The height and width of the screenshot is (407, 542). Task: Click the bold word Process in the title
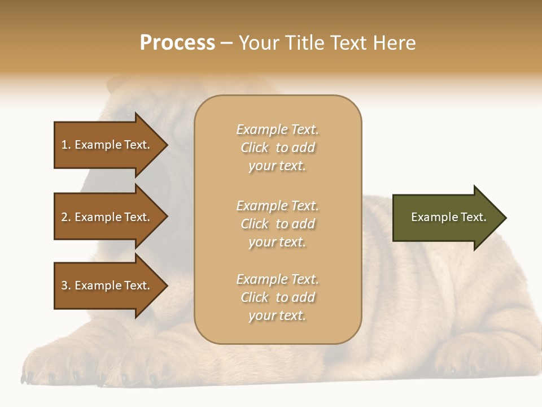[x=177, y=43]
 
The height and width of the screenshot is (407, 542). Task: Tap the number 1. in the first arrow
[x=66, y=145]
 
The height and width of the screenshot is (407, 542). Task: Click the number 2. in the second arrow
[x=66, y=217]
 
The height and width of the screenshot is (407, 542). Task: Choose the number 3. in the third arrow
[x=66, y=285]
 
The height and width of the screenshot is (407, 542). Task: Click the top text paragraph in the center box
[x=277, y=148]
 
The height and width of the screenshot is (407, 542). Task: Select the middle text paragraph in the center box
[x=277, y=224]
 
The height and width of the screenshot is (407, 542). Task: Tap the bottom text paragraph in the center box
[x=277, y=297]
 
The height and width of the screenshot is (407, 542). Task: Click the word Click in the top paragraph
[x=255, y=148]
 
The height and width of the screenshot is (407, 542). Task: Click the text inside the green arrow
[x=449, y=217]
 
